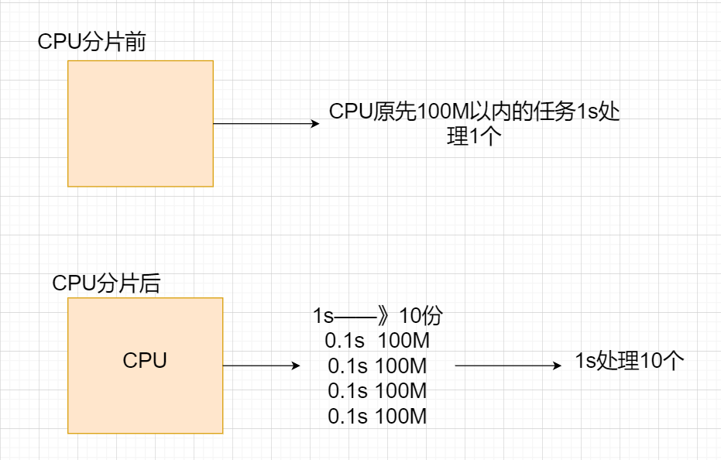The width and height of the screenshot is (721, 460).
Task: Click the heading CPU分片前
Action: tap(91, 42)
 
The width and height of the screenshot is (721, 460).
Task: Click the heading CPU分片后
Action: tap(106, 283)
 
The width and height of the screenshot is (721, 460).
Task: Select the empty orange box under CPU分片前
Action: tap(140, 124)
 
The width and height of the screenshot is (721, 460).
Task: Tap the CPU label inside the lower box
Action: tap(145, 360)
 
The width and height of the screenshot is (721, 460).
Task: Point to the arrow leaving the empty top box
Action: tap(263, 124)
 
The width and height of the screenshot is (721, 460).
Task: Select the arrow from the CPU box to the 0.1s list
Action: tap(260, 366)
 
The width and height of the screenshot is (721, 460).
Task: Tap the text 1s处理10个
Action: tap(630, 361)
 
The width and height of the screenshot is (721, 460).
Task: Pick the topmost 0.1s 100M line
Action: tap(377, 341)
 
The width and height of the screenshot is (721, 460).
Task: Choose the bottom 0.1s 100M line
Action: tap(377, 416)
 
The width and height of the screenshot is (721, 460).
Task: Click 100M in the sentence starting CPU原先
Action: tap(440, 112)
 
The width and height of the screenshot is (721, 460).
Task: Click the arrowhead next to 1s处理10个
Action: tap(557, 366)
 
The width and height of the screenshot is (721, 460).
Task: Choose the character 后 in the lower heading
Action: tap(150, 283)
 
